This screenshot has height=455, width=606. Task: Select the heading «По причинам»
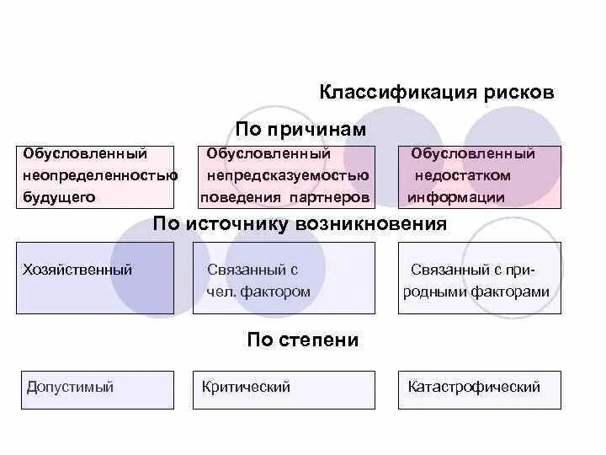tap(300, 129)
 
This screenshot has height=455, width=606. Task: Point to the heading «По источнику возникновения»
tap(300, 224)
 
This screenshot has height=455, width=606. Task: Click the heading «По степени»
tap(303, 340)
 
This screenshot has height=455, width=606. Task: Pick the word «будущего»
tap(59, 197)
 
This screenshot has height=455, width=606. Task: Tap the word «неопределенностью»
tap(100, 175)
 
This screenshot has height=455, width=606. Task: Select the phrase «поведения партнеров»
tap(284, 197)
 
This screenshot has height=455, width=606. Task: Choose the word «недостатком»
tap(462, 175)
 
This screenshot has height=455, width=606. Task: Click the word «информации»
tap(456, 197)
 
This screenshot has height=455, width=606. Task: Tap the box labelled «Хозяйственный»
tap(95, 278)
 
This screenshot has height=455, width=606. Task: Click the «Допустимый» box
tap(95, 389)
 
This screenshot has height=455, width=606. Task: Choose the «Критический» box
tap(284, 389)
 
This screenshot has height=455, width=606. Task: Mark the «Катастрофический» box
tap(479, 389)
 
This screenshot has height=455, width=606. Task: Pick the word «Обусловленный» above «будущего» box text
tap(85, 153)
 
